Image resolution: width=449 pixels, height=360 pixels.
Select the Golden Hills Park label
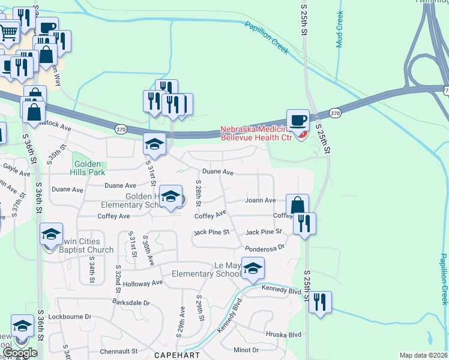pos(89,168)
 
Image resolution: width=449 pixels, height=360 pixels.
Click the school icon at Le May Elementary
pos(253,269)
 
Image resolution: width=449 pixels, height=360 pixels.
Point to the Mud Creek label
pos(340,29)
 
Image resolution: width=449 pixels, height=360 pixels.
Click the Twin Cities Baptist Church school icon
pos(51,233)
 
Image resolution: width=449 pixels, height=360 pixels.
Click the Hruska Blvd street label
pos(282,334)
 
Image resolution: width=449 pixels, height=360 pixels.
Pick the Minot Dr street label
pos(246,350)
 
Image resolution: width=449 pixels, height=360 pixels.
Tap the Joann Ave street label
pos(261,200)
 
